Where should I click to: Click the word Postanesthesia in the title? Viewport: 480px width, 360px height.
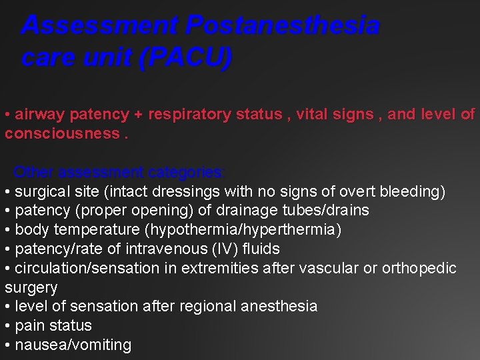click(283, 26)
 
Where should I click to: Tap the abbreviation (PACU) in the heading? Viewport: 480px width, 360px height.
click(185, 58)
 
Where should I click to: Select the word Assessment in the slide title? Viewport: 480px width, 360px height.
click(100, 26)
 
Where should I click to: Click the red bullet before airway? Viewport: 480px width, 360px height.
click(7, 115)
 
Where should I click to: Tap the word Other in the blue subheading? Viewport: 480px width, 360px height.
click(33, 172)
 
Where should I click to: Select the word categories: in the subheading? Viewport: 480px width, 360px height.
click(187, 172)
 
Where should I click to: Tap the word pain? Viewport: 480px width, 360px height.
click(29, 326)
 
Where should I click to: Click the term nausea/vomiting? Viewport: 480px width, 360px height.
click(73, 345)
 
